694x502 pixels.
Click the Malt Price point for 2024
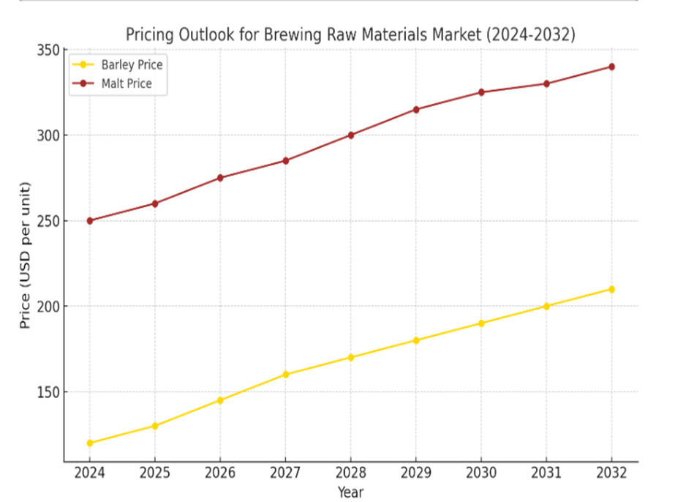(89, 220)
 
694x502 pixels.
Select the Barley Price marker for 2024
(89, 443)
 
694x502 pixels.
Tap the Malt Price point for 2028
(351, 135)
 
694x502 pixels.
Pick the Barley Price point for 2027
(285, 374)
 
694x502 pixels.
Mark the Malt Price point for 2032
(611, 67)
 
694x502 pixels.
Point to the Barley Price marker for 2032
(611, 289)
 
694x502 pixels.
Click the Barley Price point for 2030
(481, 323)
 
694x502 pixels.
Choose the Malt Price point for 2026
(220, 178)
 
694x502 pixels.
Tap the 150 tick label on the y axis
(48, 392)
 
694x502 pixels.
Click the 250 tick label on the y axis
(48, 220)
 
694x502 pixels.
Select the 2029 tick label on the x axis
(416, 473)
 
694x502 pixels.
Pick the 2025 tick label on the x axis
(155, 473)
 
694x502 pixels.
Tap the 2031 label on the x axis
(546, 473)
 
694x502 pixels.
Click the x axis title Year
(350, 492)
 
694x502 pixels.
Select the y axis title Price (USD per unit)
(26, 255)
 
